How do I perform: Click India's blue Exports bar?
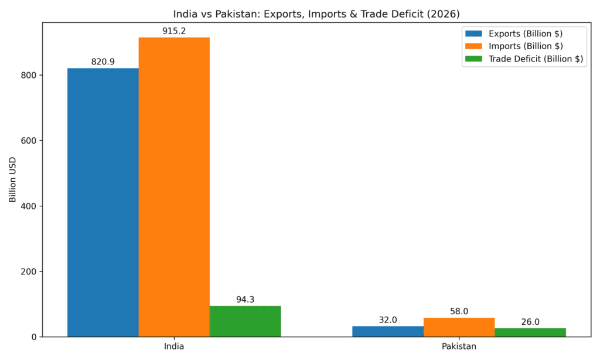[103, 202]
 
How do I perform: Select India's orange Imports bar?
[174, 187]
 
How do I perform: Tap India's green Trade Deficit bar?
[245, 321]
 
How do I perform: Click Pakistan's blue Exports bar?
[388, 331]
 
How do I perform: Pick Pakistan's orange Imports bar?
[459, 327]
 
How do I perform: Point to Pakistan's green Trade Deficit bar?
[530, 332]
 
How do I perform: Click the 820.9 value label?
[103, 62]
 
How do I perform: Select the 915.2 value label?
[174, 30]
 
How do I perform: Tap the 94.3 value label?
[245, 299]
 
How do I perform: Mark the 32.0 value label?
[388, 320]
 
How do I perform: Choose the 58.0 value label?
[459, 311]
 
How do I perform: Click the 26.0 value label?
[530, 322]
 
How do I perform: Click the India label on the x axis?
[174, 347]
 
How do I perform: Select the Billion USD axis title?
[13, 181]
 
